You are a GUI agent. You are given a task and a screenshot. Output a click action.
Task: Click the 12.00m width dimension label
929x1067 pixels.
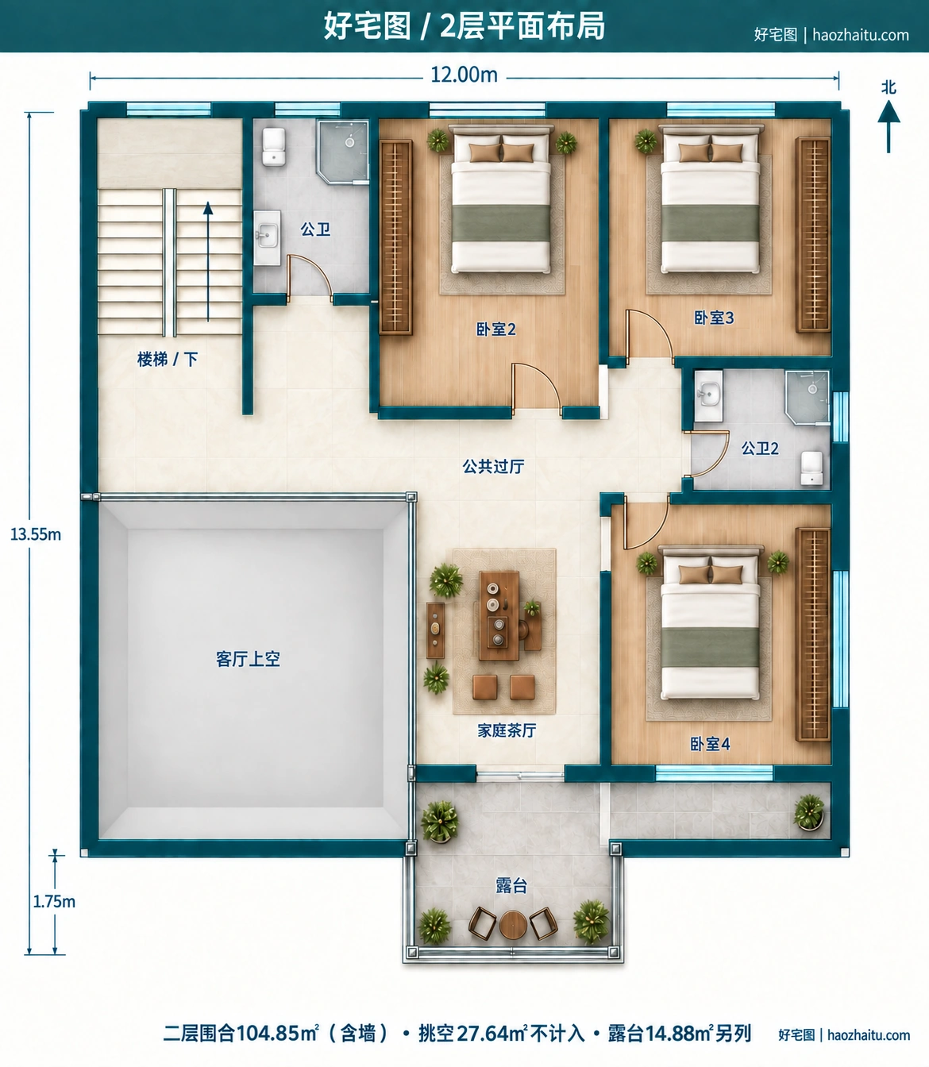point(464,75)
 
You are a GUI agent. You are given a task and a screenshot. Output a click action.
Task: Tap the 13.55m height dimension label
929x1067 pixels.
point(36,534)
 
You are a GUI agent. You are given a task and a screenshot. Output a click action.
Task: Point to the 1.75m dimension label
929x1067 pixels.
point(54,902)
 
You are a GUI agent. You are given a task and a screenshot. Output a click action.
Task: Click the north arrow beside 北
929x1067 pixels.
point(889,126)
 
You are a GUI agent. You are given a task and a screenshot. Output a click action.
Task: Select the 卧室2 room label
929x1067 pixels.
point(495,329)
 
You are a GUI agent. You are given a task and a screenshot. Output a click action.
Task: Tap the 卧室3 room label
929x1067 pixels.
point(714,318)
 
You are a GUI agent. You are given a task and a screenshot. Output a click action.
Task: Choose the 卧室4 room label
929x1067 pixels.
point(710,744)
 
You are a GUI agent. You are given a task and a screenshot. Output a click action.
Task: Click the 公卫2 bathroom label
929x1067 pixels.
point(760,448)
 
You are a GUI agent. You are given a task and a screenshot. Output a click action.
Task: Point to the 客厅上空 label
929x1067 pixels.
point(248,659)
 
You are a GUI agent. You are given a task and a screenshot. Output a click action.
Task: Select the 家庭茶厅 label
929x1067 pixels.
point(507,730)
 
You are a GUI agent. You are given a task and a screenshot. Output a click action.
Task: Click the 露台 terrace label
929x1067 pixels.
point(511,885)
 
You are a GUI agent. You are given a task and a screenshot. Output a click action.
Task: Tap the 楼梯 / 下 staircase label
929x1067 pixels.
point(168,360)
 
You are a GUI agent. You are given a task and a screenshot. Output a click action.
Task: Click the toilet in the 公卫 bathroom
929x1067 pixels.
point(274,147)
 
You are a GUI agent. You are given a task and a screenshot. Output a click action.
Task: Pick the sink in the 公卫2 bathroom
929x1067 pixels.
point(708,396)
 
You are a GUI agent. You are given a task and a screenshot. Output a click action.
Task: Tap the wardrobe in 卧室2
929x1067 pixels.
point(395,237)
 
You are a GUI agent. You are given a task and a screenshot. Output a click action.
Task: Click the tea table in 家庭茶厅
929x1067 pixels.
point(499,616)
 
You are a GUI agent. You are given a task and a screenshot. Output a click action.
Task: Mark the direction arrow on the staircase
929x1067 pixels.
point(208,261)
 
